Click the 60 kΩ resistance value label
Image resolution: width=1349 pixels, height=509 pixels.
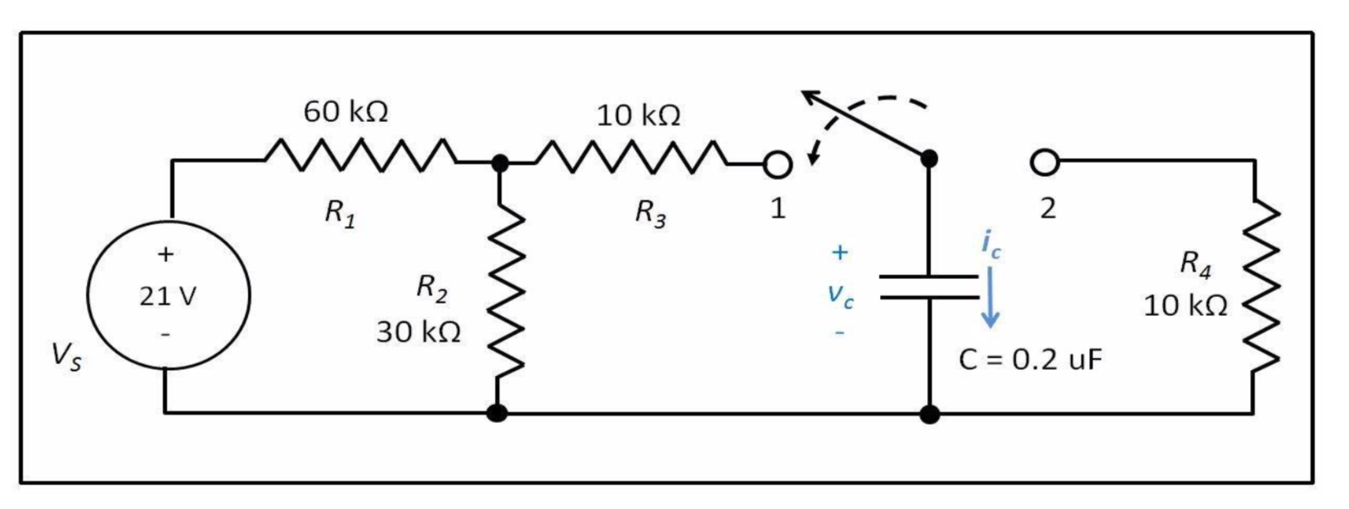coord(345,111)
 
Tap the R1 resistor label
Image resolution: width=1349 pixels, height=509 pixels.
coord(340,214)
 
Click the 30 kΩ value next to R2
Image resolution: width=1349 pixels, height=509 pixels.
coord(418,332)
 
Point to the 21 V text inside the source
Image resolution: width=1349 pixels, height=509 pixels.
coord(167,296)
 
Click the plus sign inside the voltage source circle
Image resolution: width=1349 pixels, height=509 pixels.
coord(166,254)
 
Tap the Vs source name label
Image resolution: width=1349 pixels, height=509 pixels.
coord(66,356)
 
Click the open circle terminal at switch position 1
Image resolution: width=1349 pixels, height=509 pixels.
coord(778,165)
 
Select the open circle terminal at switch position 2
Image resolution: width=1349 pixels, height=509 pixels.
coord(1044,163)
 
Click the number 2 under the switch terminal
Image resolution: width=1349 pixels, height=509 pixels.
coord(1047,209)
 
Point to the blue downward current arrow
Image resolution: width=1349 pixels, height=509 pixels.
coord(990,299)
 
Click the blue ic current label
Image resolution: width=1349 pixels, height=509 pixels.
coord(990,244)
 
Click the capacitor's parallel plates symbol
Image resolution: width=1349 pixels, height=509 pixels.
coord(929,287)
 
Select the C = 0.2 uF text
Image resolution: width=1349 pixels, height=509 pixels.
coord(1031,359)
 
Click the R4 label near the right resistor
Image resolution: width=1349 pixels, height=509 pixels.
coord(1194,263)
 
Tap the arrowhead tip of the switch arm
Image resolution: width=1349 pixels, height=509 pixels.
coord(805,93)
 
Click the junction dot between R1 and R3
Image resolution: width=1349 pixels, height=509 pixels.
coord(499,163)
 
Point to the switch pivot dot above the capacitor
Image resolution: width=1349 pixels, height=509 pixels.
coord(929,159)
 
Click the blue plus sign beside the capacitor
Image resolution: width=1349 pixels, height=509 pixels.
coord(840,252)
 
